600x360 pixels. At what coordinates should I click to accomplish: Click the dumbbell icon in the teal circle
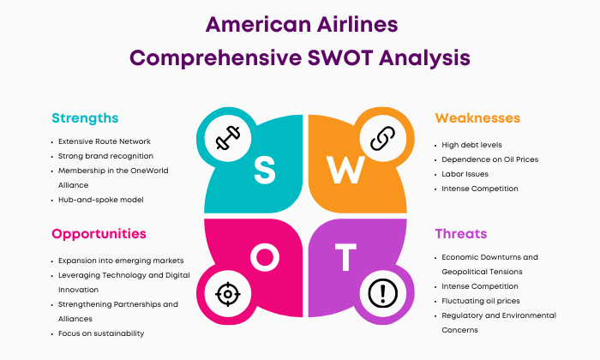point(228,138)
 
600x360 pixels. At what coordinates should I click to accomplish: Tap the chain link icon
point(382,138)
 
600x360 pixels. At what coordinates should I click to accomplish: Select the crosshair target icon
point(228,294)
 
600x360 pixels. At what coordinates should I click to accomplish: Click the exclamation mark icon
point(382,293)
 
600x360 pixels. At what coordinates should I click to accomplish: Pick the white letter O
point(265,257)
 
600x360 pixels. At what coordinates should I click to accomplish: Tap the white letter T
point(346,257)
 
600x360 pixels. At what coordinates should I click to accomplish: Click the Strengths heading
point(85,118)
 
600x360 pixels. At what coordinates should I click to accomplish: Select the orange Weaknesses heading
point(477,117)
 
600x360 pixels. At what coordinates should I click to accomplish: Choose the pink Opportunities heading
point(99,234)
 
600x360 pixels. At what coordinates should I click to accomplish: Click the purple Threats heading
point(461,233)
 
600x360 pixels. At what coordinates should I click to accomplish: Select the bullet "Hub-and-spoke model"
point(100,200)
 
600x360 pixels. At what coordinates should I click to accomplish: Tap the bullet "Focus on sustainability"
point(101,333)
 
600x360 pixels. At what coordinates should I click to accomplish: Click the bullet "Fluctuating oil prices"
point(481,301)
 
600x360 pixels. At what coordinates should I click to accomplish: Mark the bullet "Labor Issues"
point(465,174)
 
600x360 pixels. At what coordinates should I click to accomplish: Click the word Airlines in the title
point(357,25)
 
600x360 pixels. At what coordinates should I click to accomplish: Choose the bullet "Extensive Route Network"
point(104,141)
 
